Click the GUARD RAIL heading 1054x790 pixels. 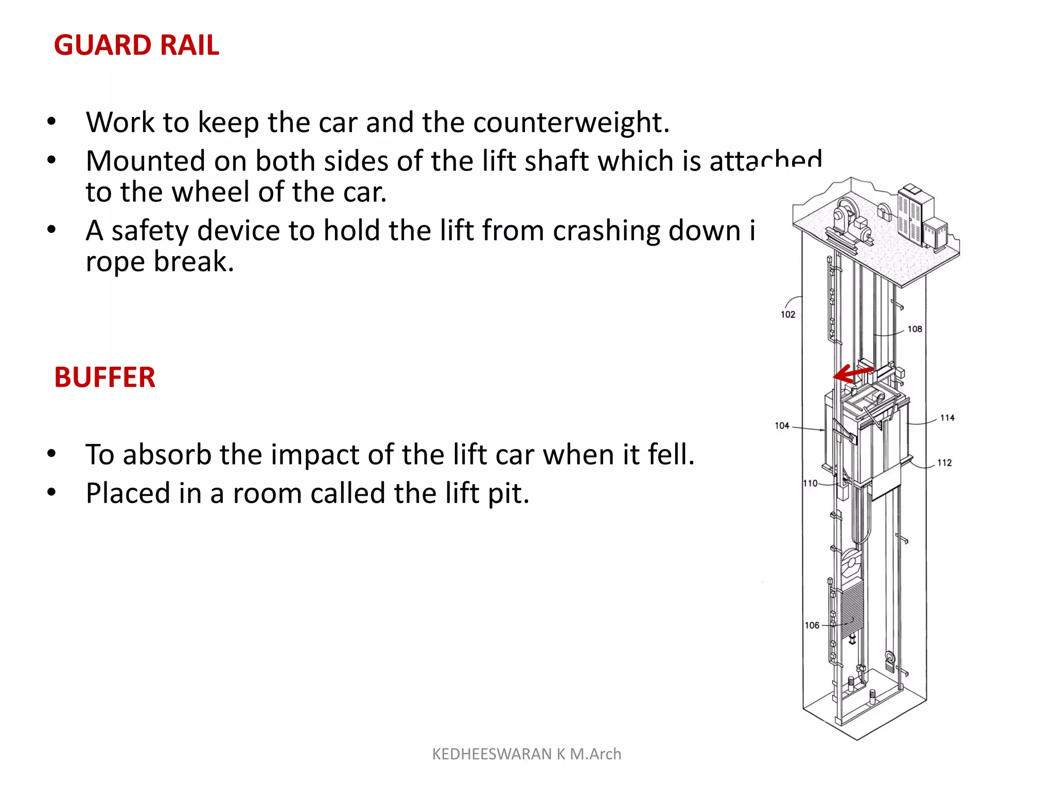(136, 45)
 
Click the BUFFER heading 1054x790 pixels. (104, 377)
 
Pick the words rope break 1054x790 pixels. (160, 262)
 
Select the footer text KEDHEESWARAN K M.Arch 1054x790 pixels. (526, 754)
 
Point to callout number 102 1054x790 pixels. (788, 314)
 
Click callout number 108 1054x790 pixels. (915, 329)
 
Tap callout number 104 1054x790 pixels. (782, 425)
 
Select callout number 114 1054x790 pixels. (947, 418)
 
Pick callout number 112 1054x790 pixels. (944, 462)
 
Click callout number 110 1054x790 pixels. (810, 483)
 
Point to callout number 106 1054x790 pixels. (812, 625)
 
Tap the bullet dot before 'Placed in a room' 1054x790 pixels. (51, 492)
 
